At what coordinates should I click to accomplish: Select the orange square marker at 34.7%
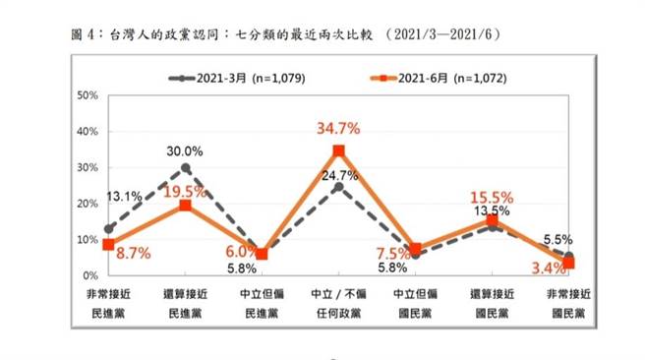coord(338,151)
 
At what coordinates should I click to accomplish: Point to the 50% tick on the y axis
coord(87,95)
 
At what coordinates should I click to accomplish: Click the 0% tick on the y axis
coord(89,275)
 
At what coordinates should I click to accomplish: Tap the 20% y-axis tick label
coord(87,204)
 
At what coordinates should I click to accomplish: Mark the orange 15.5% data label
coord(492,198)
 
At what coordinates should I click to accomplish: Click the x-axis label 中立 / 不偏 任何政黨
coord(338,304)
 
